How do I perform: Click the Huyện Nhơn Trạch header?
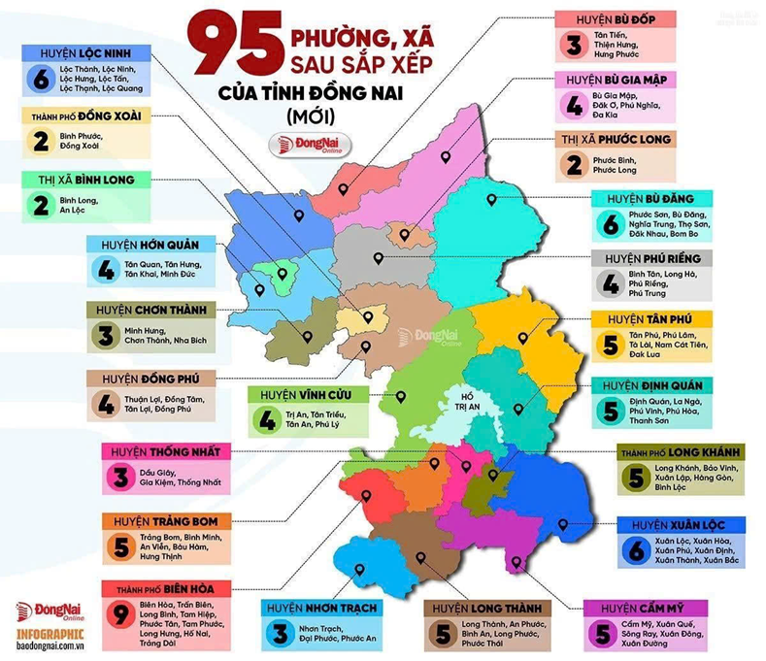[319, 609]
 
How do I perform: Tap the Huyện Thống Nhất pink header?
[165, 451]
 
